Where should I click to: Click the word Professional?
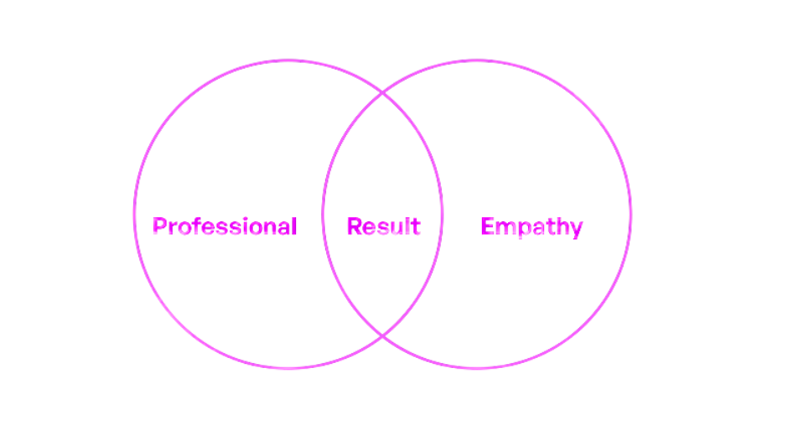click(224, 226)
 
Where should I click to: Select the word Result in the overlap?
click(383, 226)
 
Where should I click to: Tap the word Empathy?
click(531, 226)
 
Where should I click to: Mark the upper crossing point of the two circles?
click(383, 92)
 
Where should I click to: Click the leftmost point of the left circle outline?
click(134, 214)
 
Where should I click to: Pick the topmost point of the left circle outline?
click(288, 60)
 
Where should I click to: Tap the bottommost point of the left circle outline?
click(288, 367)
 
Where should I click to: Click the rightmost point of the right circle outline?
click(631, 214)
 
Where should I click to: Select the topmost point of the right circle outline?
click(477, 60)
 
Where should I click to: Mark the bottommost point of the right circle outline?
click(477, 367)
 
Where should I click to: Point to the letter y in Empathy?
click(576, 229)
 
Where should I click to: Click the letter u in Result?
click(393, 227)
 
